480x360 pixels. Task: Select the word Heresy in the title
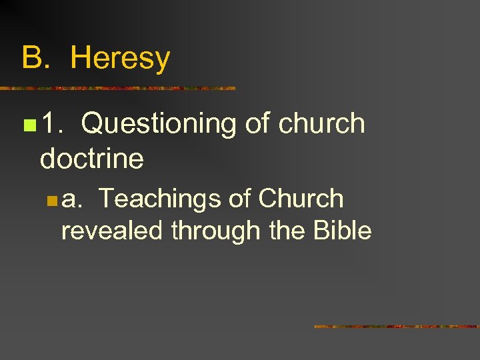(120, 58)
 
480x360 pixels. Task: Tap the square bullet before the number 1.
(27, 125)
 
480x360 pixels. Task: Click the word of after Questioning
(257, 124)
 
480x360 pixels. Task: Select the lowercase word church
(322, 124)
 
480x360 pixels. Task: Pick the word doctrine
(91, 159)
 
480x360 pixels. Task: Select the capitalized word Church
(301, 199)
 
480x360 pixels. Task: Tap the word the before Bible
(286, 231)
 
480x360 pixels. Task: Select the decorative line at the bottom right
(397, 327)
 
